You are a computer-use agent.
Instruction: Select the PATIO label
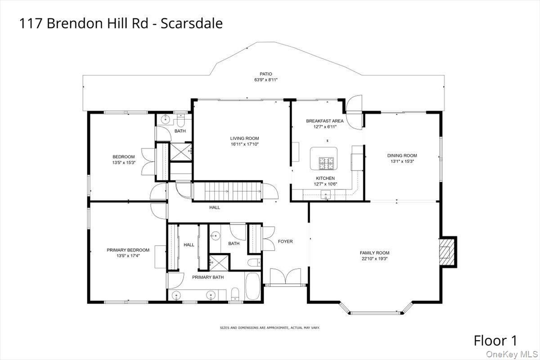pos(265,74)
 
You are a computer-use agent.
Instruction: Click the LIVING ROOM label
pos(244,139)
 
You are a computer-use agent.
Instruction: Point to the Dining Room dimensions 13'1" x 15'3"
pos(402,162)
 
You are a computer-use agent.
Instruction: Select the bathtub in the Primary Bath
pos(253,286)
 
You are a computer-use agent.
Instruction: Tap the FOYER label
pos(285,242)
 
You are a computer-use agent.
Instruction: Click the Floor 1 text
pos(495,340)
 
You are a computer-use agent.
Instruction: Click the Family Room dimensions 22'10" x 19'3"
pos(374,259)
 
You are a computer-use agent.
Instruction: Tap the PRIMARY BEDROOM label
pos(128,250)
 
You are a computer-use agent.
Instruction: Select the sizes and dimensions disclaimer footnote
pos(270,328)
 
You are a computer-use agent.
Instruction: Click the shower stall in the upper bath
pos(180,152)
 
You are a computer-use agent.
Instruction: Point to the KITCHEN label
pos(325,178)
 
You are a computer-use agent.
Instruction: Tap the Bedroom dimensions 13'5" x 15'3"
pos(124,162)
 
